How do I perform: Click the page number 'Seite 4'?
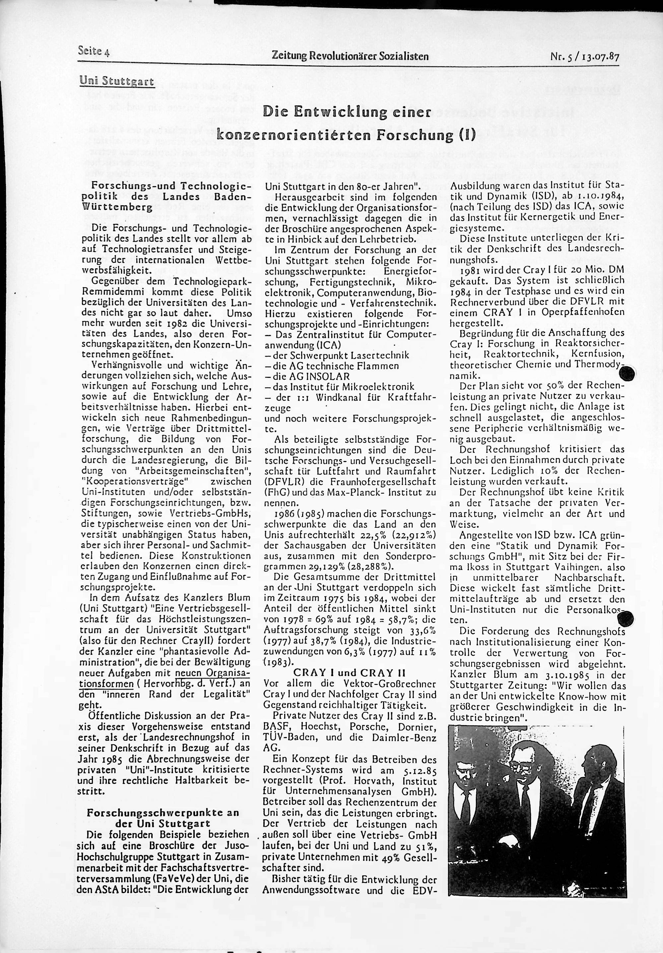[93, 51]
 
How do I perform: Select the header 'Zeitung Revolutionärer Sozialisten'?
[350, 56]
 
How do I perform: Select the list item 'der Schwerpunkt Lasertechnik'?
[337, 355]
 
